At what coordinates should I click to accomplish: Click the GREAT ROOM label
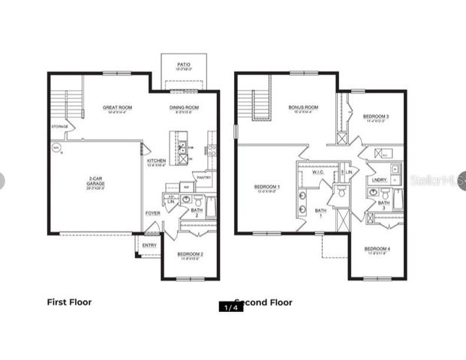tap(119, 108)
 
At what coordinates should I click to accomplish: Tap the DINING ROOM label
tap(184, 108)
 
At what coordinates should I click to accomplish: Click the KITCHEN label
tap(156, 160)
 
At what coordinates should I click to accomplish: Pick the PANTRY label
tap(201, 178)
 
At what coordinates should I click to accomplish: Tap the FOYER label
tap(153, 213)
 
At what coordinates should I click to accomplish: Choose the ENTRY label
tap(150, 244)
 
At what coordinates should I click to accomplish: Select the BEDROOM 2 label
tap(191, 254)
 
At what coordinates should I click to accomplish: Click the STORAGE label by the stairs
tap(60, 127)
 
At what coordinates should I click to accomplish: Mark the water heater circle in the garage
tap(56, 148)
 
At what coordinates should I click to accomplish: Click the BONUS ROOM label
tap(304, 108)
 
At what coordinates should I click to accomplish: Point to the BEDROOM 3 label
tap(376, 116)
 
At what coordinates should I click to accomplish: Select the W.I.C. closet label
tap(317, 172)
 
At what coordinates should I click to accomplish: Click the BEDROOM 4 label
tap(377, 249)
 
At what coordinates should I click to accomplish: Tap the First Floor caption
tap(69, 303)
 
